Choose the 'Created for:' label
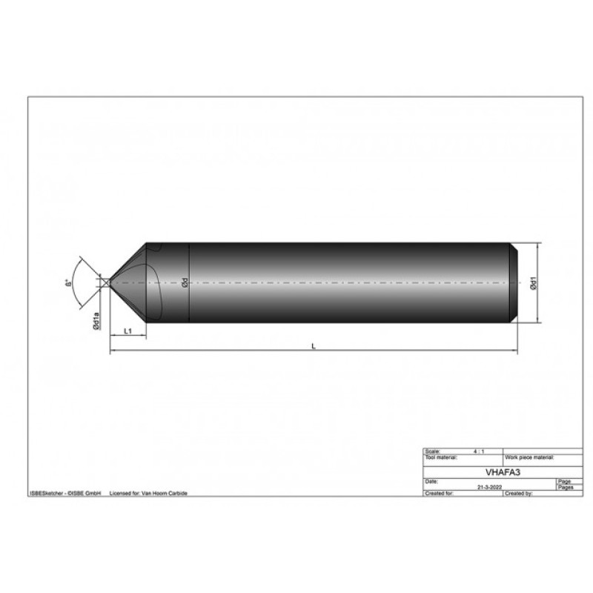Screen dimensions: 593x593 pyautogui.click(x=437, y=492)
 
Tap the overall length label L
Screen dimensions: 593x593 pyautogui.click(x=314, y=346)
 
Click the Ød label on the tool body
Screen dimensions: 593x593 pyautogui.click(x=185, y=283)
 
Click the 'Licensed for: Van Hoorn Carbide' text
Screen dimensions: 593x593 pyautogui.click(x=148, y=492)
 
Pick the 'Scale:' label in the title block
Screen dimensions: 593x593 pyautogui.click(x=431, y=451)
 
